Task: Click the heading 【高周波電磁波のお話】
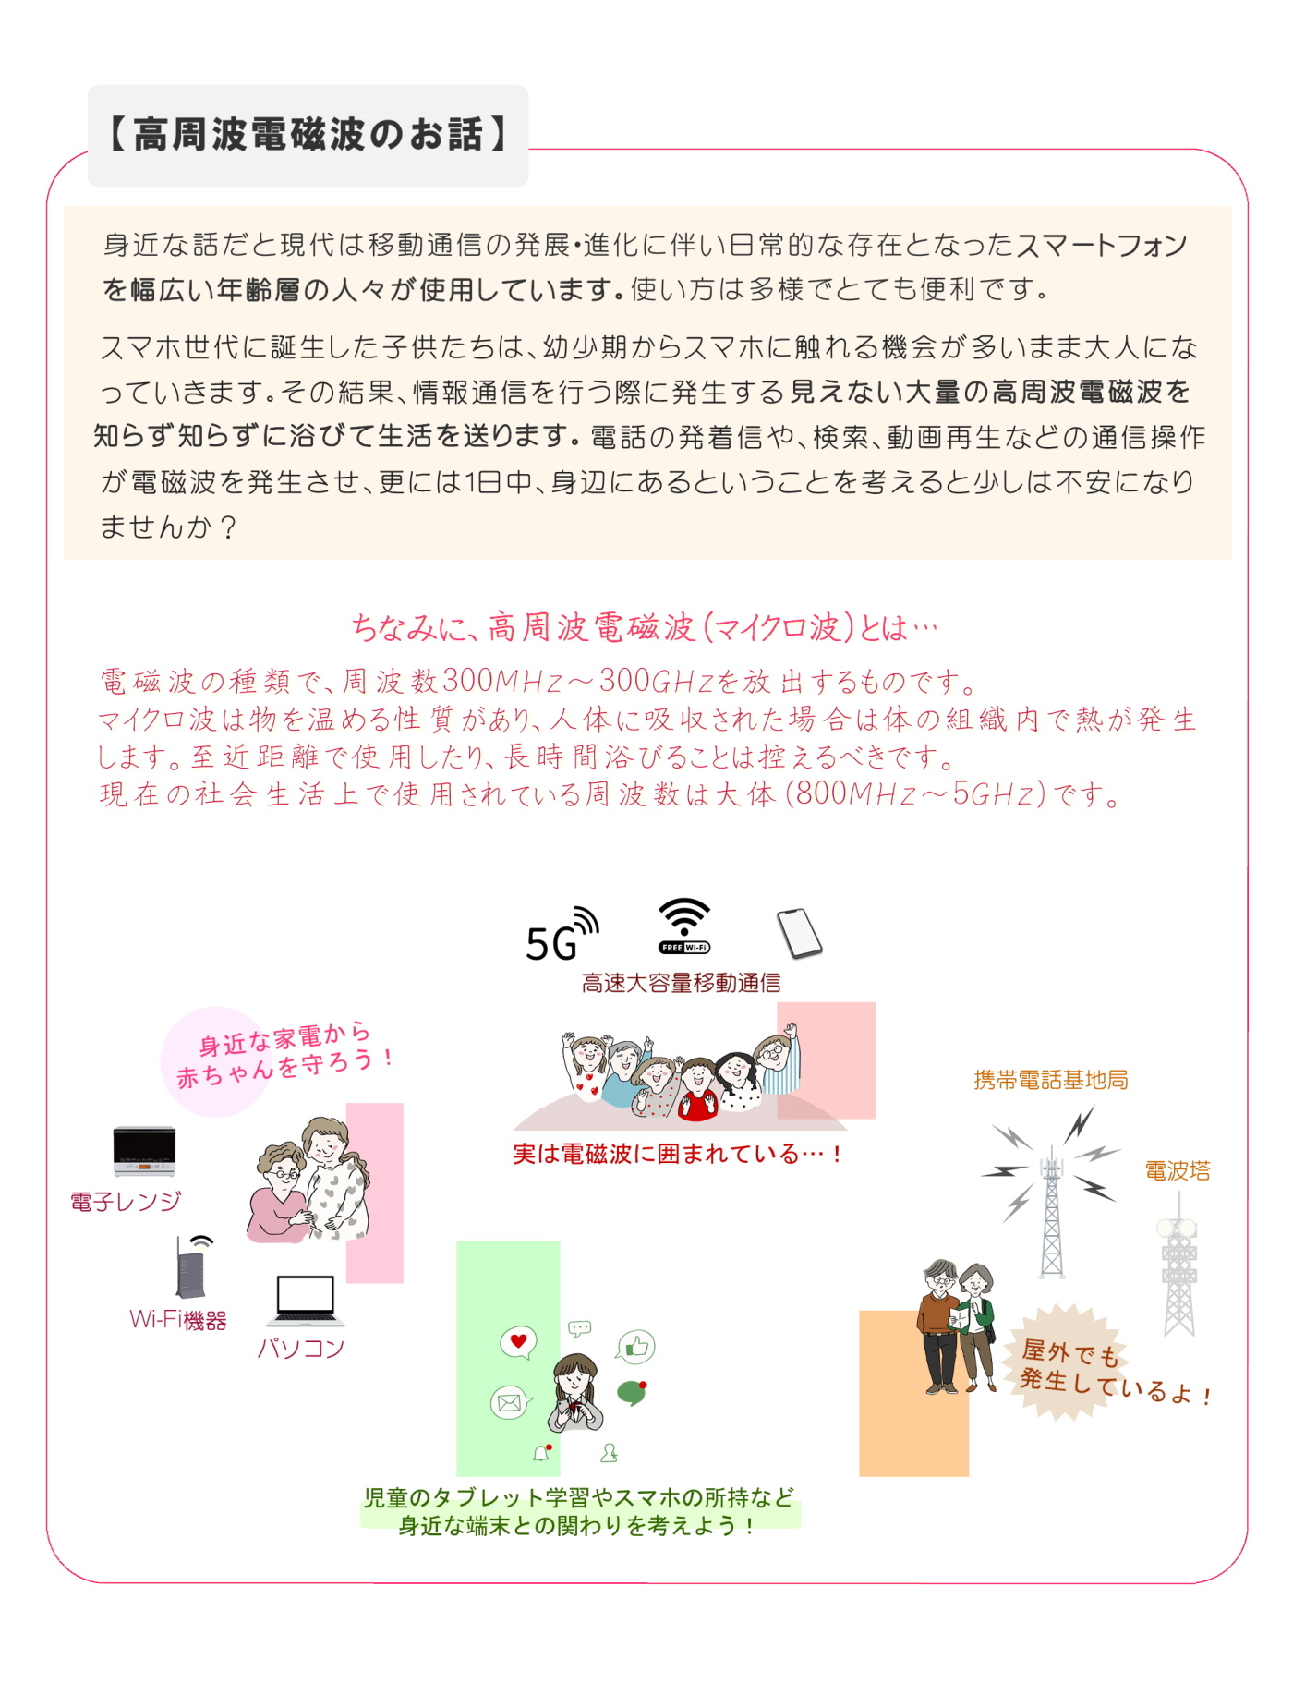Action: click(308, 135)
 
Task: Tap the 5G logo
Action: click(562, 935)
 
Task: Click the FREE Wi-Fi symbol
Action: click(684, 926)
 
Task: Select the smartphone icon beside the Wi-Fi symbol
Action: click(799, 934)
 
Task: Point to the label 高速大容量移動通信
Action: click(681, 983)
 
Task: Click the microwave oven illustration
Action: click(144, 1151)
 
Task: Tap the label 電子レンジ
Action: click(126, 1201)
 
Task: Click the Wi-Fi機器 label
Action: click(177, 1320)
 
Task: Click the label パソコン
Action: click(300, 1349)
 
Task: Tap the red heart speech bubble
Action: click(518, 1342)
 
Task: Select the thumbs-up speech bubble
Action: click(635, 1348)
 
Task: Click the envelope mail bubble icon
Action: click(510, 1403)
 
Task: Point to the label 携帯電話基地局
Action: click(1051, 1080)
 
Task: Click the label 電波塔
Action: click(1178, 1171)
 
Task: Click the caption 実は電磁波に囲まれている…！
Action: click(677, 1154)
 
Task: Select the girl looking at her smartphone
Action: click(575, 1393)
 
